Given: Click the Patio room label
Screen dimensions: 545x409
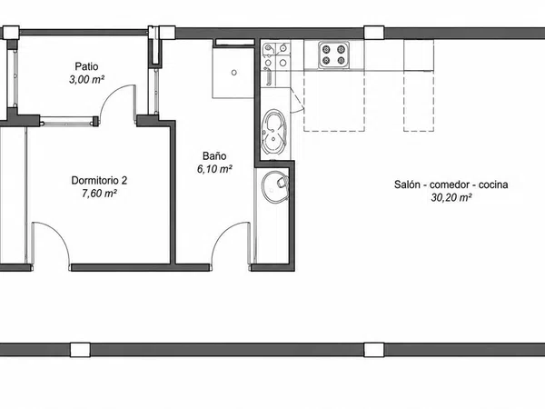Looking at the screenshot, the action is point(86,66).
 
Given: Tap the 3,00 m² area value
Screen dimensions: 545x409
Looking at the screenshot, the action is point(86,80).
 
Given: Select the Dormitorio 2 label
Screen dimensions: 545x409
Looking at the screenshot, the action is point(99,180).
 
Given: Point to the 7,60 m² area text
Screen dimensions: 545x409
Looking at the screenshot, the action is point(99,194).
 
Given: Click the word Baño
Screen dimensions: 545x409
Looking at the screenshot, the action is point(214,155).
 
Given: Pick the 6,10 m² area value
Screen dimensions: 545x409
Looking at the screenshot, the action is point(214,169).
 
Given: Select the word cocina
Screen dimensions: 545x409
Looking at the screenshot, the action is point(493,185).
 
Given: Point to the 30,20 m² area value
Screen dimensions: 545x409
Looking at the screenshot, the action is point(451,197).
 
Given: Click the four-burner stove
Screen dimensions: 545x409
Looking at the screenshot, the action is point(333,55).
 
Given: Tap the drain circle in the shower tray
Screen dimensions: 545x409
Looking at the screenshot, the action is point(234,73).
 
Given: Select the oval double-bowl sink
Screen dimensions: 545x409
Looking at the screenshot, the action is point(274,132).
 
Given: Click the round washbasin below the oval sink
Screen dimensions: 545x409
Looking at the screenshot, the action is point(274,186).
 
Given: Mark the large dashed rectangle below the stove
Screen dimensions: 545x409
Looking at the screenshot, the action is point(334,101).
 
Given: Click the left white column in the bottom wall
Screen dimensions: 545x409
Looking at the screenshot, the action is point(80,350).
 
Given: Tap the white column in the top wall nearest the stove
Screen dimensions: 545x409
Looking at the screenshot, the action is point(374,33).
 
